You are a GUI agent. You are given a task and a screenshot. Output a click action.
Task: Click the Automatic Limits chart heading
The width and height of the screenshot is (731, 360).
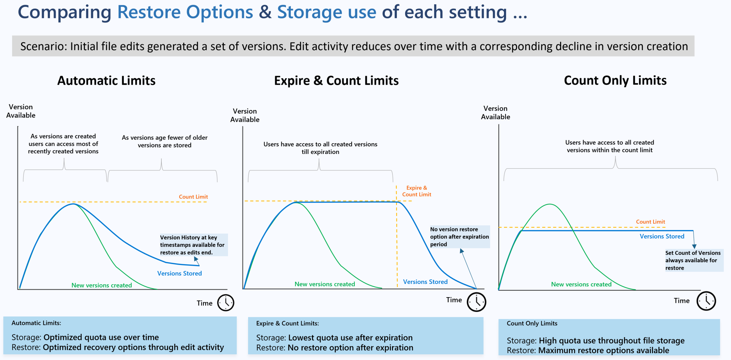[x=106, y=81]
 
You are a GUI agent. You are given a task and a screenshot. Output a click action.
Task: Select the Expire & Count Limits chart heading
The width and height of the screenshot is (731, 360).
[x=336, y=81]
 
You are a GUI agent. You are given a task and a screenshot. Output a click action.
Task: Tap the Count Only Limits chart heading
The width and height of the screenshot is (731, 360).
[x=615, y=80]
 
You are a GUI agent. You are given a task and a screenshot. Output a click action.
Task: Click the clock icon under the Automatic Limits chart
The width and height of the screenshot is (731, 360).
[x=226, y=303]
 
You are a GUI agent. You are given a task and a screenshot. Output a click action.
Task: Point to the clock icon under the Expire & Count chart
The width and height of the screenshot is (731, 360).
[x=477, y=302]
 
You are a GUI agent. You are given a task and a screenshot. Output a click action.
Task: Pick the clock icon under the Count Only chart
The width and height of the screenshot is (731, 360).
[x=706, y=301]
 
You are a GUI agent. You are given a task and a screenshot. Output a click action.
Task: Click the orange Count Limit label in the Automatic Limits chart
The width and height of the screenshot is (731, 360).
[x=193, y=197]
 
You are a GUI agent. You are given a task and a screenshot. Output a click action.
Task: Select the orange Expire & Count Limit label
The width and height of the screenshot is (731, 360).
[x=417, y=191]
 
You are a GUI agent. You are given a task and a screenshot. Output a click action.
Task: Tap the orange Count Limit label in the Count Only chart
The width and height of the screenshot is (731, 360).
[x=650, y=222]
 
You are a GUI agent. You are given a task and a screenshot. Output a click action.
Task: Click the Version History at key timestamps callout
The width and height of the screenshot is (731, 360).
[x=193, y=245]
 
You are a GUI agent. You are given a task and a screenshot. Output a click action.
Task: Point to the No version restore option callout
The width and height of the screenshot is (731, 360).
[x=459, y=237]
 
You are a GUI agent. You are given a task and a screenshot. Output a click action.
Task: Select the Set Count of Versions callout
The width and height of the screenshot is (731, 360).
[x=693, y=260]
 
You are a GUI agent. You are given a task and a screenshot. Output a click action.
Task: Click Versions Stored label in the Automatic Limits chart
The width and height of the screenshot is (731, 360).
[x=180, y=273]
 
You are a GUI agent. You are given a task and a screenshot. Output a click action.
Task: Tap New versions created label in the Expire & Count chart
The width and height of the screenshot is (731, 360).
[x=325, y=284]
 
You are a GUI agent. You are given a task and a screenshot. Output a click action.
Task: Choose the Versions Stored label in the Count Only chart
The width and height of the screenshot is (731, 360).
[x=662, y=236]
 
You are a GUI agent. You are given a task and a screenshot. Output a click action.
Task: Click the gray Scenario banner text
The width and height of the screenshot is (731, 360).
[x=353, y=46]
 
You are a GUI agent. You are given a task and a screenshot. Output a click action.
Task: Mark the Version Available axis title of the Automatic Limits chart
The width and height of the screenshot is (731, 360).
[x=21, y=111]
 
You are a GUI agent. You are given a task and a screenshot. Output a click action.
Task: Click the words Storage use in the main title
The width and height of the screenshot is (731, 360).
[x=327, y=12]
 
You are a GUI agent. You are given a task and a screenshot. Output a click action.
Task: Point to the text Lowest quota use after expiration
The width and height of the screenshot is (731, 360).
[x=350, y=338]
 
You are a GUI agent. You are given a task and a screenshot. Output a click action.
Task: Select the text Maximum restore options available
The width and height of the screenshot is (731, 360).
[x=604, y=350]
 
